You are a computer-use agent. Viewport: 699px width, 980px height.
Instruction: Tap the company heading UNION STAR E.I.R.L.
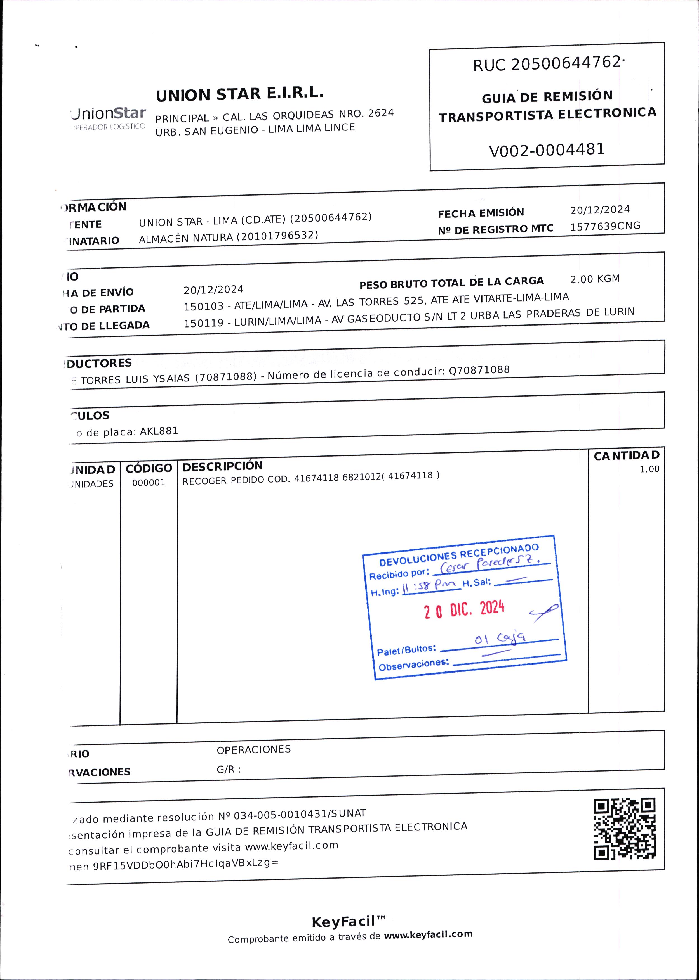(239, 94)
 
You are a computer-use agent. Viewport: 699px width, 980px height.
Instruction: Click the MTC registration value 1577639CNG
(605, 226)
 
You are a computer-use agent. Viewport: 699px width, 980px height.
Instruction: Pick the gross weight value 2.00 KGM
(595, 279)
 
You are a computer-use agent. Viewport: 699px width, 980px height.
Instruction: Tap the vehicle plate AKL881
(159, 431)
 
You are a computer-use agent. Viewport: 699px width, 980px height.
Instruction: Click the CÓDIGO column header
(149, 468)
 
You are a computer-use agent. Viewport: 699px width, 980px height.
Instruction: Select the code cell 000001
(149, 483)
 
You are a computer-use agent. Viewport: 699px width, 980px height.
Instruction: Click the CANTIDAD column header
(626, 455)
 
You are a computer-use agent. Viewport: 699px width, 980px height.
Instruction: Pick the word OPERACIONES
(253, 749)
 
